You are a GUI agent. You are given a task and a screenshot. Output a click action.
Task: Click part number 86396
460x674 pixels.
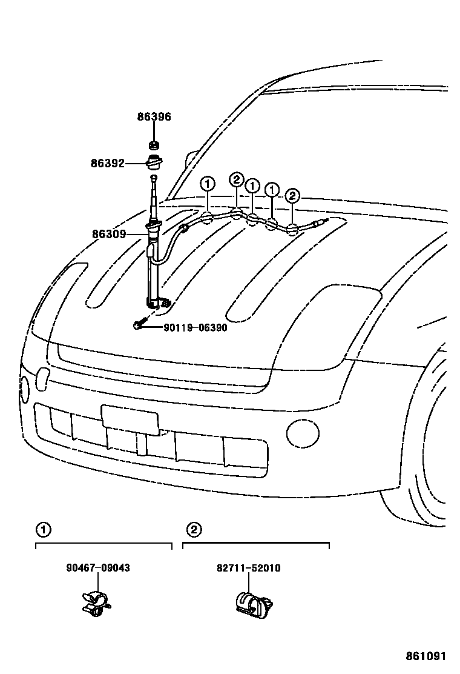click(154, 117)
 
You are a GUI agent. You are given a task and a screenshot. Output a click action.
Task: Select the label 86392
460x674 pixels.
click(108, 163)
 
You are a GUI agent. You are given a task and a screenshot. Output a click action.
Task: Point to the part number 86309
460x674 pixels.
click(109, 234)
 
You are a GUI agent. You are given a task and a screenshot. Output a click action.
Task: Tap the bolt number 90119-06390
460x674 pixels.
click(195, 327)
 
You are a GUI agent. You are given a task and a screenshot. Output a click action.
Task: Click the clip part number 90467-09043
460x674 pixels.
click(98, 568)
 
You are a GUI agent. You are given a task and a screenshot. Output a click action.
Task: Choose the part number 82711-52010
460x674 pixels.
click(248, 568)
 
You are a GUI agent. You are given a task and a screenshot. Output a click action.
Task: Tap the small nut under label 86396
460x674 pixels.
click(154, 145)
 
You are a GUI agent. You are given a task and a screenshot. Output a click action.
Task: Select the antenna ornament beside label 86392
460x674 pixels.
click(154, 163)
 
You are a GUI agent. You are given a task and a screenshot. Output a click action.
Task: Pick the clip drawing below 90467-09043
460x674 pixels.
click(95, 601)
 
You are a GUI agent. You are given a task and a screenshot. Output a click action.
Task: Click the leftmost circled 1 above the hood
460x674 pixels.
click(207, 183)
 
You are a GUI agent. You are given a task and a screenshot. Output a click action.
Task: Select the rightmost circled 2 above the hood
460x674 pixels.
click(292, 196)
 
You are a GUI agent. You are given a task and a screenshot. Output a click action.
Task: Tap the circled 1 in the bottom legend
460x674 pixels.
click(43, 530)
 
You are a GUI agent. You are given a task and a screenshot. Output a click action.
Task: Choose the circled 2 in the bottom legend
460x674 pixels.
click(193, 530)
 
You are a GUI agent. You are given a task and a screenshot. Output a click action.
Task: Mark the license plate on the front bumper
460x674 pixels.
click(130, 419)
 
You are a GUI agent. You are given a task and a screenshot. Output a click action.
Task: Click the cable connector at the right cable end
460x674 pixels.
click(320, 223)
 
